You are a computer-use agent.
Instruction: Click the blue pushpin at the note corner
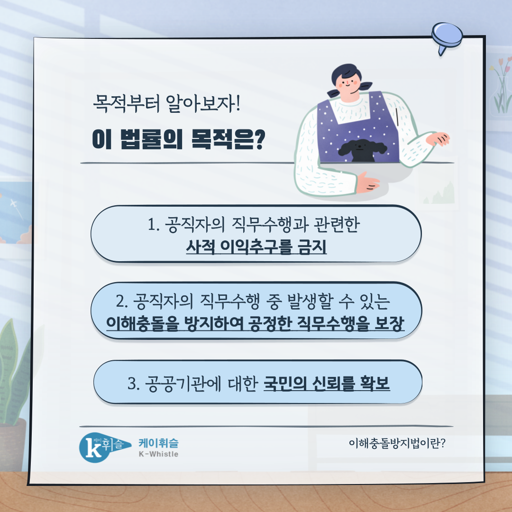point(447,37)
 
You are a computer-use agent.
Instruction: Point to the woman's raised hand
point(438,139)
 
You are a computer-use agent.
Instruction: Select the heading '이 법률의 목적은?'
point(179,139)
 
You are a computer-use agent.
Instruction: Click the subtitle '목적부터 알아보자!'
point(166,103)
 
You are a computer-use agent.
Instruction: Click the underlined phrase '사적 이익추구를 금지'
point(256,247)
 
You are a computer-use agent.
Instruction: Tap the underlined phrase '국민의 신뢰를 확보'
point(327,383)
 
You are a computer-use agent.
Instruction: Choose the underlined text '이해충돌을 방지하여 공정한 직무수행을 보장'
point(256,324)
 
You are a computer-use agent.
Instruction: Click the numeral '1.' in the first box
point(154,225)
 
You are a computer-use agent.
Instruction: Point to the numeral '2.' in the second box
point(122,301)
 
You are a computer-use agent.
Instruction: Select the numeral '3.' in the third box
point(134,384)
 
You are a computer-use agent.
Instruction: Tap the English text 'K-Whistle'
point(158,454)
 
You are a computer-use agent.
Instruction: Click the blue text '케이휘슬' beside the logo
point(158,443)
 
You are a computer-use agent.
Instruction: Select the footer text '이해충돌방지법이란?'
point(397,443)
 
